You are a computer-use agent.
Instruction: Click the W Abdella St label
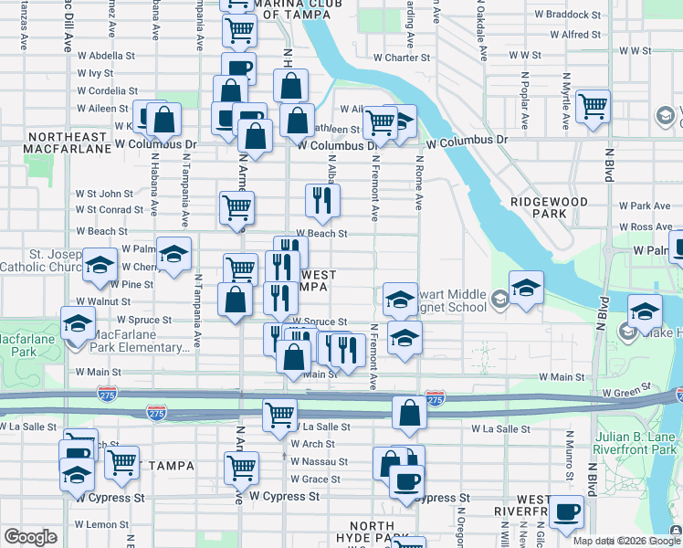pos(107,56)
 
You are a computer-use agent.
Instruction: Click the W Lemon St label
pos(100,524)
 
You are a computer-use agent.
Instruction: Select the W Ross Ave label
pos(645,227)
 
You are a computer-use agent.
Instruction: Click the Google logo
pos(30,537)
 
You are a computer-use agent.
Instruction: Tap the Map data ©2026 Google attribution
pos(627,541)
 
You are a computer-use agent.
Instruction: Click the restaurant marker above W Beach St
pos(320,201)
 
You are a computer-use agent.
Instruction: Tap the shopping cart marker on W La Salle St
pos(279,415)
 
